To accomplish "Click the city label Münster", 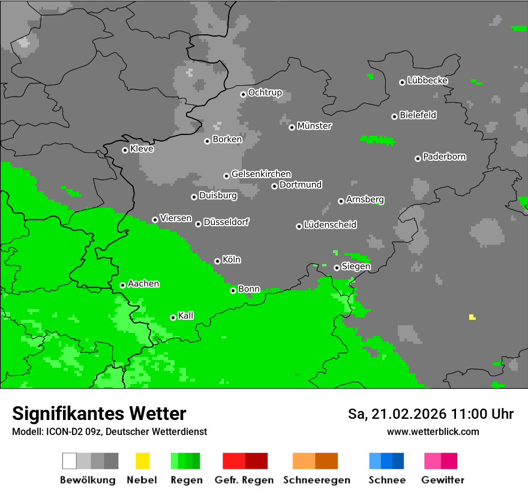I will tap(314, 126).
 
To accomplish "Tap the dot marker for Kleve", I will tap(125, 150).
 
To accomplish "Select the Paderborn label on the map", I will tap(444, 157).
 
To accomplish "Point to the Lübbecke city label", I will tap(427, 80).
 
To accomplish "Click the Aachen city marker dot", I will tap(122, 285).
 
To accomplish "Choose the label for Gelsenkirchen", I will tap(261, 174).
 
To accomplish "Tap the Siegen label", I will tap(356, 266).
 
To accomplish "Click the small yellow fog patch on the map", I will tap(472, 317).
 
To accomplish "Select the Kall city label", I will tap(185, 316).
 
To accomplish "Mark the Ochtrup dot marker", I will tap(243, 94).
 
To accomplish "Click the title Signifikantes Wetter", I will tap(99, 413).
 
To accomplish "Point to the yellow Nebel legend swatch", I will tap(142, 461).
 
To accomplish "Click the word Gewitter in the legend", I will tap(442, 480).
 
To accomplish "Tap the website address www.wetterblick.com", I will tap(433, 431).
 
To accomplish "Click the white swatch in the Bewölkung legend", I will tap(69, 461).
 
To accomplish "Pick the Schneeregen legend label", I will tap(316, 480).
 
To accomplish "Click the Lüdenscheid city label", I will tap(330, 225).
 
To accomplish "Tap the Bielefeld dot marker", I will tap(394, 116).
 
